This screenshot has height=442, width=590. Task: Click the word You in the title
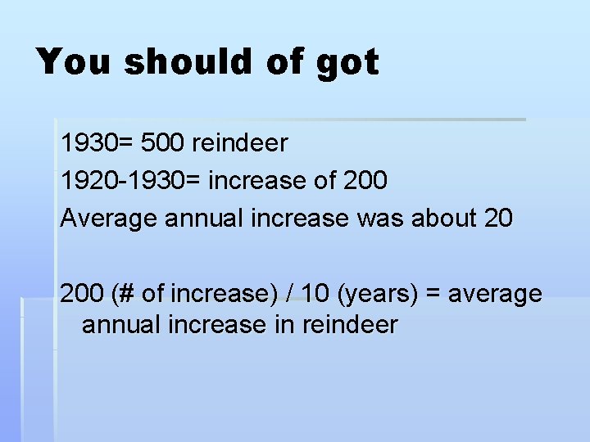(x=73, y=62)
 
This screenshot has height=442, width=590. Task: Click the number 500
(x=163, y=143)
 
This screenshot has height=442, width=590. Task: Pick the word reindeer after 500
(x=240, y=143)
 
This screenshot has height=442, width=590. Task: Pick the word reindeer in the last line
(x=350, y=325)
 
